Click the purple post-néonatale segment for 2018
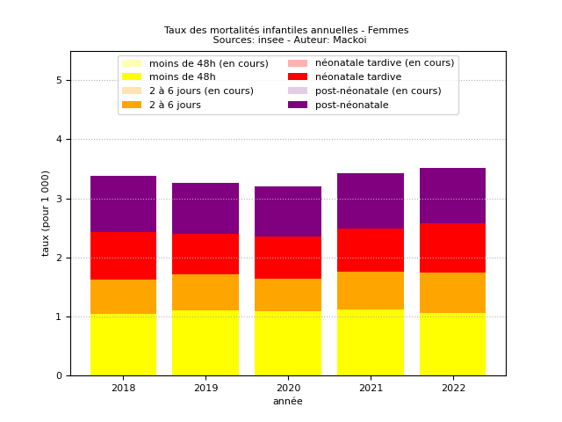point(123,204)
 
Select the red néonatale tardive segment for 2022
point(452,248)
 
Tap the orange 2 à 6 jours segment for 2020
point(288,295)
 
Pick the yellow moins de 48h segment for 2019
point(205,343)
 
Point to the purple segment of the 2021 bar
point(371,200)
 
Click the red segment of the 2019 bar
point(205,254)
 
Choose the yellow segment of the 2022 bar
point(452,345)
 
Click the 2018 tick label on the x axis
point(123,388)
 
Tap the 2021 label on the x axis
point(371,388)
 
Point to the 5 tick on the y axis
point(59,81)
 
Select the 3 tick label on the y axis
point(59,199)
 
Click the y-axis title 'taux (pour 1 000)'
point(46,213)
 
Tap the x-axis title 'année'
point(288,402)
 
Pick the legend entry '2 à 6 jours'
point(175,105)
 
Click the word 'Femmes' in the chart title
point(387,30)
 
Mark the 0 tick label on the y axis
point(59,376)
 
